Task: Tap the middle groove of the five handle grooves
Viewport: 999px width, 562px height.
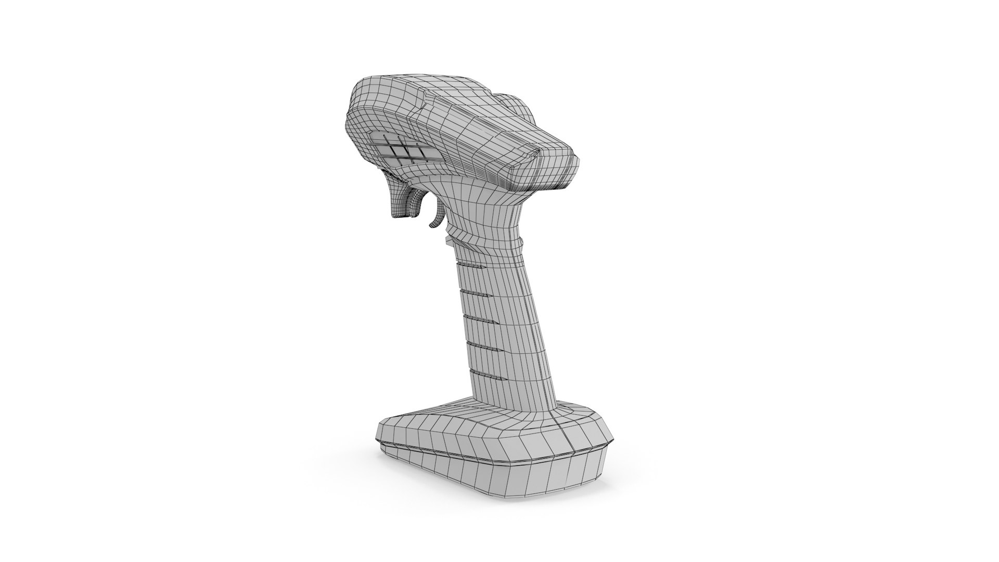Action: point(478,317)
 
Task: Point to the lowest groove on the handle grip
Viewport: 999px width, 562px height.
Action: point(482,373)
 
